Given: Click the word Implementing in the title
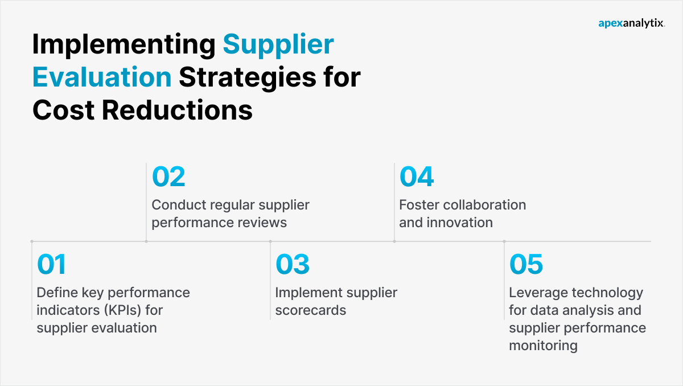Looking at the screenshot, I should pos(122,44).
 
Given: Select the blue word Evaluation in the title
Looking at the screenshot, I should pos(102,77).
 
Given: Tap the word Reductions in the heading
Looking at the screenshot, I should pos(177,109).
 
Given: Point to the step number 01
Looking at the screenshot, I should pos(51,265).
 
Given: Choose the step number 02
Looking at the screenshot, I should pos(168,177).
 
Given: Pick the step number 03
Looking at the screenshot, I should pos(293,265).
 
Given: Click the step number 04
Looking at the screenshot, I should pos(417,177).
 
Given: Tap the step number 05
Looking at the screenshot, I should pos(526,265).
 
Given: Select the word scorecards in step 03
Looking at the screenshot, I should pos(311,310).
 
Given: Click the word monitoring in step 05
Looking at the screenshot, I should pos(543,346).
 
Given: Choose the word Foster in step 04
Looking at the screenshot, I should pos(418,205).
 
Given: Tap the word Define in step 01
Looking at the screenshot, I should pos(56,293).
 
